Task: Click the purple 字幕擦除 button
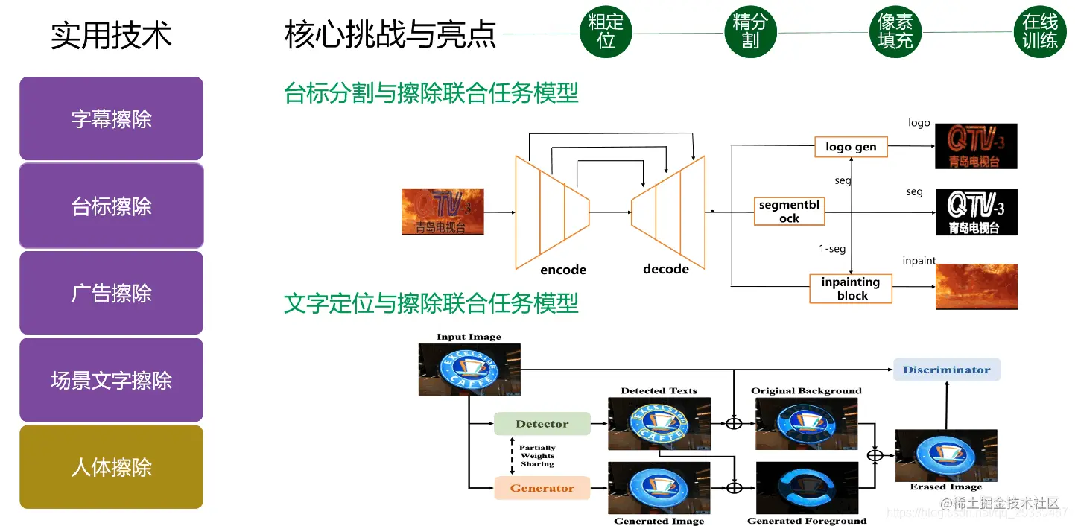click(111, 118)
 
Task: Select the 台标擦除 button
click(111, 206)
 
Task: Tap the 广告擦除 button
click(111, 293)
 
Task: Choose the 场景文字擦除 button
click(111, 380)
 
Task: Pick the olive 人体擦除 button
click(111, 467)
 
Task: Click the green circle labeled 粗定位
click(606, 31)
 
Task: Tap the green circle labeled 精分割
click(750, 31)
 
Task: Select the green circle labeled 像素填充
click(895, 31)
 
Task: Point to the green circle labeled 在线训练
click(1040, 31)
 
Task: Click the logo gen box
click(851, 147)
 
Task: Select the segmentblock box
click(789, 212)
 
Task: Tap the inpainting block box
click(851, 288)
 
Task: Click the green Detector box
click(542, 424)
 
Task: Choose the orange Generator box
click(542, 488)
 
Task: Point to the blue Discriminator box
click(946, 370)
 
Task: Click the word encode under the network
click(563, 270)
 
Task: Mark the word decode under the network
click(666, 269)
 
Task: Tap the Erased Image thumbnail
click(945, 455)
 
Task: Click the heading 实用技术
click(111, 35)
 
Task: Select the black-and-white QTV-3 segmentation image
click(976, 212)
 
